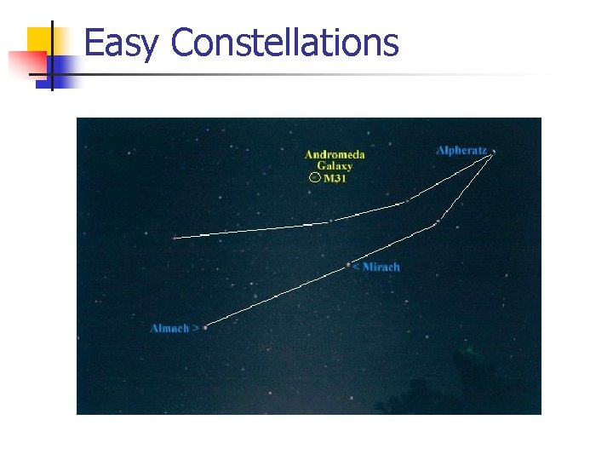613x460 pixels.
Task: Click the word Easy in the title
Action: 119,43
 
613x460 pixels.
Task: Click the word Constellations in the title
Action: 284,43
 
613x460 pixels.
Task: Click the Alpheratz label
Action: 461,150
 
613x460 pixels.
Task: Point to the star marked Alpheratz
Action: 493,152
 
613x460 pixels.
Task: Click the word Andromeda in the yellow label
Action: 335,154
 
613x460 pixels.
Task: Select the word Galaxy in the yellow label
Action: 335,166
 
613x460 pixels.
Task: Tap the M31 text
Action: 335,179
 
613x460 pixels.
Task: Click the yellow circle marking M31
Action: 314,178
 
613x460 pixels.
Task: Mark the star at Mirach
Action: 348,265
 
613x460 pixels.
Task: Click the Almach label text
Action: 169,328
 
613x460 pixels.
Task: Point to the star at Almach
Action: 205,327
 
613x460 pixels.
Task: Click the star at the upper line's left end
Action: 175,238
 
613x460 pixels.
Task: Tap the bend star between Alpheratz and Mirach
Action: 437,223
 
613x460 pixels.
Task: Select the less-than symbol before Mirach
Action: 356,267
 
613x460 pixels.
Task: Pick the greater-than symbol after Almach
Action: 196,328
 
